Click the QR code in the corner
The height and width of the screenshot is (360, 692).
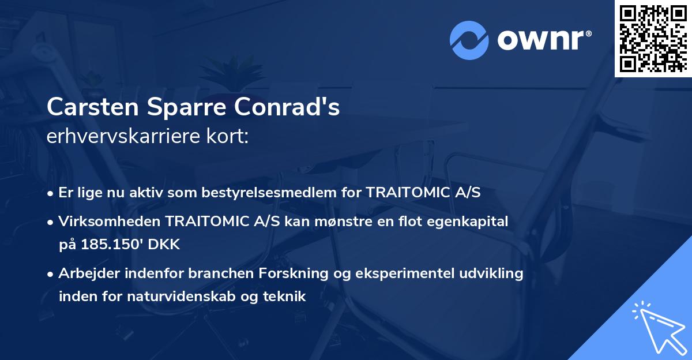click(653, 38)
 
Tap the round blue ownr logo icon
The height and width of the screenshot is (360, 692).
click(469, 39)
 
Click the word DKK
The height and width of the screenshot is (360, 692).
click(164, 244)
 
